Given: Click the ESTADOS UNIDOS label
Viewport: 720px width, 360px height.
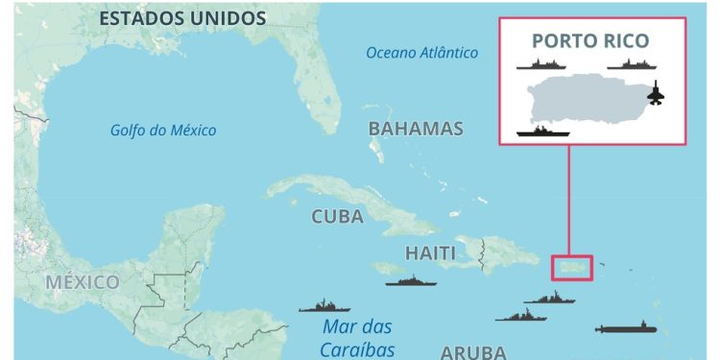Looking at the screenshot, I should click(x=181, y=18).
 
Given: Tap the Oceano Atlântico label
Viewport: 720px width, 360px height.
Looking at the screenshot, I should click(x=421, y=53).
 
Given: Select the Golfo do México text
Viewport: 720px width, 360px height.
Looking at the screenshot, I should click(x=163, y=131).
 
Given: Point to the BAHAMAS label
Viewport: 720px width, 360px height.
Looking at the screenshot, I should click(x=416, y=129).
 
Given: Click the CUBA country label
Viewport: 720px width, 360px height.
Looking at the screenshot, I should click(x=337, y=217).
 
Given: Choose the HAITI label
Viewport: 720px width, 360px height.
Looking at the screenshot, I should click(x=423, y=253).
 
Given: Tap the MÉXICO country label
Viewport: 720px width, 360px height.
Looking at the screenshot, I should click(x=82, y=282).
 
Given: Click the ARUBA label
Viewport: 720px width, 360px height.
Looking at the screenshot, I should click(x=473, y=351).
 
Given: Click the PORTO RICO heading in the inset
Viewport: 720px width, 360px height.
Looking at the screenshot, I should click(x=590, y=41).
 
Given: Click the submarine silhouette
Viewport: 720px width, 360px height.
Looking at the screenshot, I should click(x=626, y=329).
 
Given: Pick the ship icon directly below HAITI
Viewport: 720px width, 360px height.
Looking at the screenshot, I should click(x=411, y=281).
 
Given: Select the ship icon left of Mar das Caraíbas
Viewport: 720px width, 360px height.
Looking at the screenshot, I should click(x=324, y=307).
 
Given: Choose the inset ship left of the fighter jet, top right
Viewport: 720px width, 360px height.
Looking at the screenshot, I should click(x=631, y=64).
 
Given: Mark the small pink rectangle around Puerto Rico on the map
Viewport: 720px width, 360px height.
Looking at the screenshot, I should click(x=572, y=267).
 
